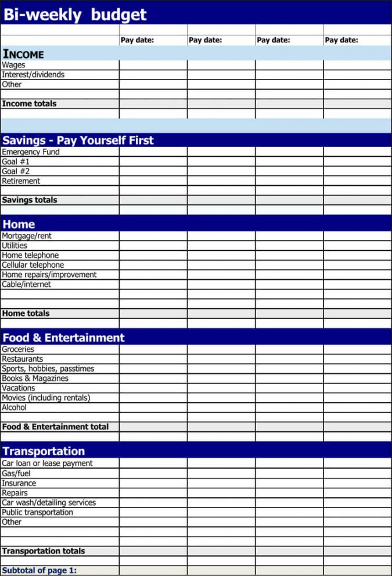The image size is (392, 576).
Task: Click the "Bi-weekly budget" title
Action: click(x=75, y=15)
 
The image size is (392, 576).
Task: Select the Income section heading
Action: click(x=23, y=54)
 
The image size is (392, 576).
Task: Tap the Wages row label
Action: click(x=13, y=65)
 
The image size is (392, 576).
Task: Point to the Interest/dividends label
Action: click(x=33, y=74)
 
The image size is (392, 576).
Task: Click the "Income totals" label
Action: click(x=29, y=103)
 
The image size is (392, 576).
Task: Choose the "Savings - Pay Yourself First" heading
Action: click(x=78, y=140)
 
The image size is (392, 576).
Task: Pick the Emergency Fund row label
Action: click(x=31, y=152)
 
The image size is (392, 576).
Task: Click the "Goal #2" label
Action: click(x=16, y=171)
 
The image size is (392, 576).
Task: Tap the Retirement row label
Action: click(x=21, y=181)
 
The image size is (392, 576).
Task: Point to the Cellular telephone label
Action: click(x=33, y=265)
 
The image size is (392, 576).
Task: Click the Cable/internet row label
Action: click(x=26, y=284)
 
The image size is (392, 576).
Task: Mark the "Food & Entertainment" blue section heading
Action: click(x=63, y=337)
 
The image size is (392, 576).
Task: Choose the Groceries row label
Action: click(x=18, y=349)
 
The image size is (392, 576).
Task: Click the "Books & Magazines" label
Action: click(x=35, y=378)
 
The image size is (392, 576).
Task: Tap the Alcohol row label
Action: click(x=14, y=407)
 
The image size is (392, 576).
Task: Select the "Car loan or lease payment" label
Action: click(x=47, y=463)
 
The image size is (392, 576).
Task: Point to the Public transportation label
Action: click(x=37, y=512)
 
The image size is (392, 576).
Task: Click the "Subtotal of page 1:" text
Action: click(x=39, y=570)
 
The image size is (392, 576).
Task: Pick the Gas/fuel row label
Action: click(x=16, y=473)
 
